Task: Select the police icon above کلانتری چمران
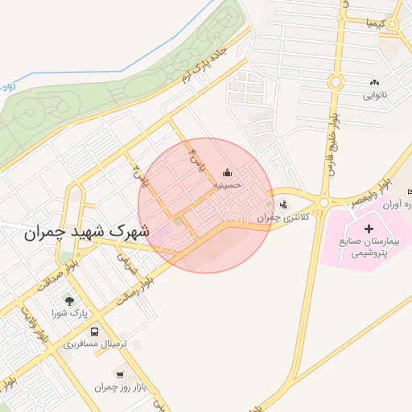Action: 282,204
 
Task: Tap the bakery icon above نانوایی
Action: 373,83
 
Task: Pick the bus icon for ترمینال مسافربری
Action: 96,331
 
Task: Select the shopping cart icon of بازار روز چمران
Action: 121,374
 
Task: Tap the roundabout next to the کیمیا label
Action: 393,25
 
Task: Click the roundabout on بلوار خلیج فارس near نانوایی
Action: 336,81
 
